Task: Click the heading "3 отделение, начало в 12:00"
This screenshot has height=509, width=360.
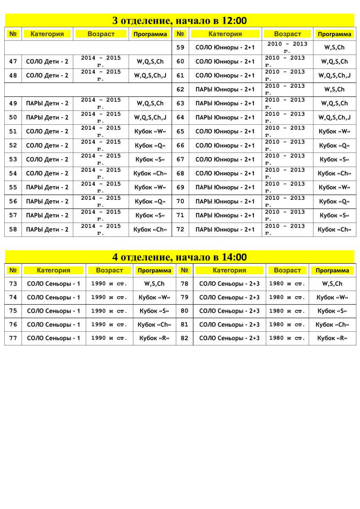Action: click(180, 21)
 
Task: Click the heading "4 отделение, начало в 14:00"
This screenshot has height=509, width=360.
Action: click(180, 257)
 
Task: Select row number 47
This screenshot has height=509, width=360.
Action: click(13, 62)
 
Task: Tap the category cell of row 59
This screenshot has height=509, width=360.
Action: click(225, 48)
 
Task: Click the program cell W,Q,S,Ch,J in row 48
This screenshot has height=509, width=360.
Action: click(150, 76)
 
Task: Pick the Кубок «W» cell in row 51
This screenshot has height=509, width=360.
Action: click(150, 131)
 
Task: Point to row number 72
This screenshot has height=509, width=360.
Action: click(180, 229)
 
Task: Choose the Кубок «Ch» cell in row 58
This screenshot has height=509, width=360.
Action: click(150, 229)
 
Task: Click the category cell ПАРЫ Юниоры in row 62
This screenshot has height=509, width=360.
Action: click(225, 89)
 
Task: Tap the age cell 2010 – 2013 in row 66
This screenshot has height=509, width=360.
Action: click(285, 145)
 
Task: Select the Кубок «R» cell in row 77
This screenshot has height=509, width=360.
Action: click(154, 338)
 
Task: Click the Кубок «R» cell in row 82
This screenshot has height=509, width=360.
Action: click(332, 338)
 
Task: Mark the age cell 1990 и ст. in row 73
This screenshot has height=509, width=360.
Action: click(109, 284)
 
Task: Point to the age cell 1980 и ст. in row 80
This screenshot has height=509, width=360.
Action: click(287, 311)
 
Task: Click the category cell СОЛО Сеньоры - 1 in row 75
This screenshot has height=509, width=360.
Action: click(53, 311)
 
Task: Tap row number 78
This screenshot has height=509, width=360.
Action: click(184, 284)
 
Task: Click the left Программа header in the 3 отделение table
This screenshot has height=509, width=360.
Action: click(150, 34)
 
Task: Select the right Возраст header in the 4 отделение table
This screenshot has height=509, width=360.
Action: click(287, 270)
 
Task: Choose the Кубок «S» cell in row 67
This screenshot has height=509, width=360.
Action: click(334, 159)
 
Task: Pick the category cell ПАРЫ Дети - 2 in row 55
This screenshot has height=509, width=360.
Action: click(47, 187)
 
